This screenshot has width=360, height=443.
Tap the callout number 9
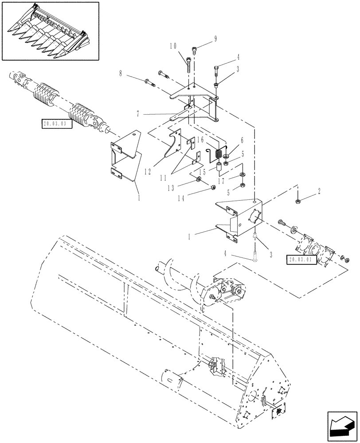coord(215,38)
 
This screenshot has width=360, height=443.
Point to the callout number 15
coord(202,172)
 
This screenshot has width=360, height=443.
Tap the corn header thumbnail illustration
coord(50,30)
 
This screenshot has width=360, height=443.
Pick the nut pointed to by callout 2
coord(297,202)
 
